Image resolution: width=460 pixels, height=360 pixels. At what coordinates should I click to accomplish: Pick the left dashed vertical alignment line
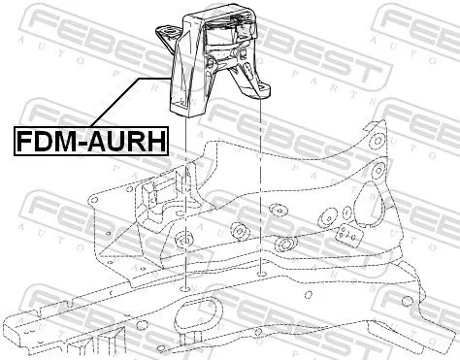click(182, 194)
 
